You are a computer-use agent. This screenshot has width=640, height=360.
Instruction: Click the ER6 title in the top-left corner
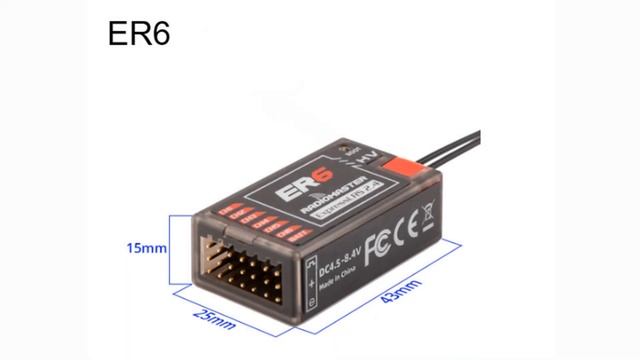coord(139,33)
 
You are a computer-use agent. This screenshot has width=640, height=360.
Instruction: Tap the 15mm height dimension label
coord(148,247)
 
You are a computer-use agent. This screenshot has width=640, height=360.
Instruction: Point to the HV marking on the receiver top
coord(365,158)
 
